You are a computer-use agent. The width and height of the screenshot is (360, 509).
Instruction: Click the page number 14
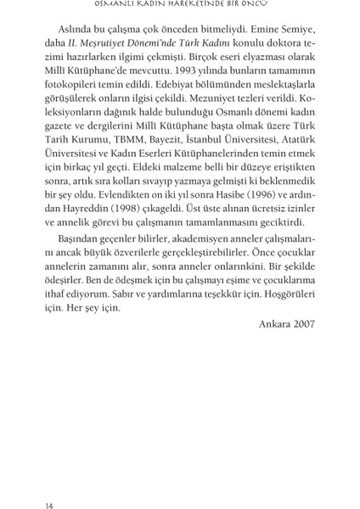(50, 484)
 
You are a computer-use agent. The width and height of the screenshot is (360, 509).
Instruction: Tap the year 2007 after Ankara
(301, 323)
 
